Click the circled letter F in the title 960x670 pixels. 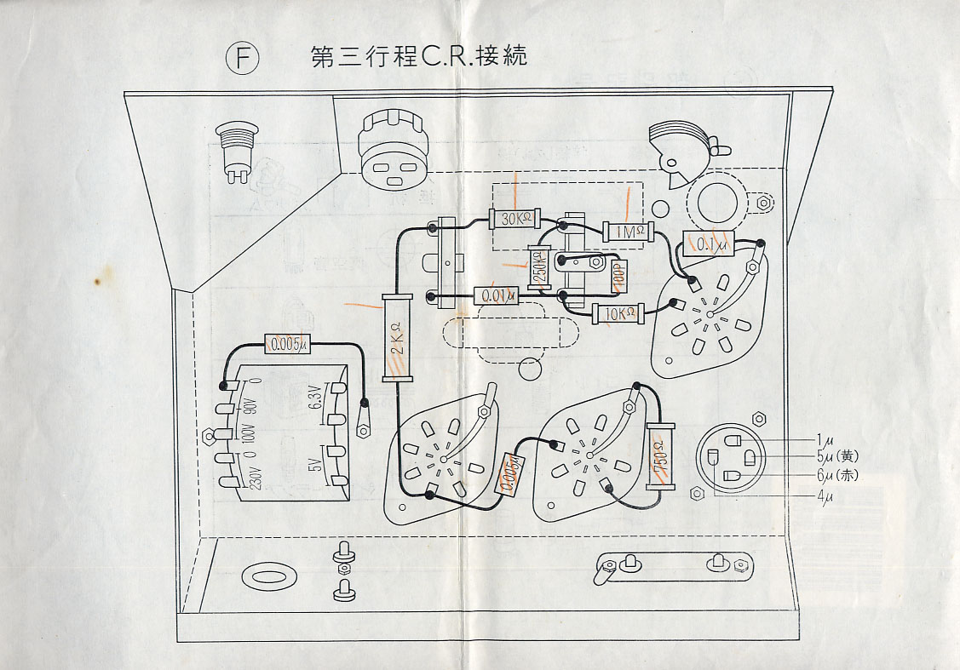tap(242, 58)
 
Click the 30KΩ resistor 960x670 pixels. tap(515, 218)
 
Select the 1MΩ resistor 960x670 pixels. tap(626, 231)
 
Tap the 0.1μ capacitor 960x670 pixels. tap(709, 245)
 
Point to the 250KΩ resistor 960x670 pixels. tap(538, 269)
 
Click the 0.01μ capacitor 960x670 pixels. tap(496, 295)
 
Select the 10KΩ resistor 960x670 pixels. tap(618, 314)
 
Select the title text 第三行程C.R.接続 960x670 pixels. tap(419, 57)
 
